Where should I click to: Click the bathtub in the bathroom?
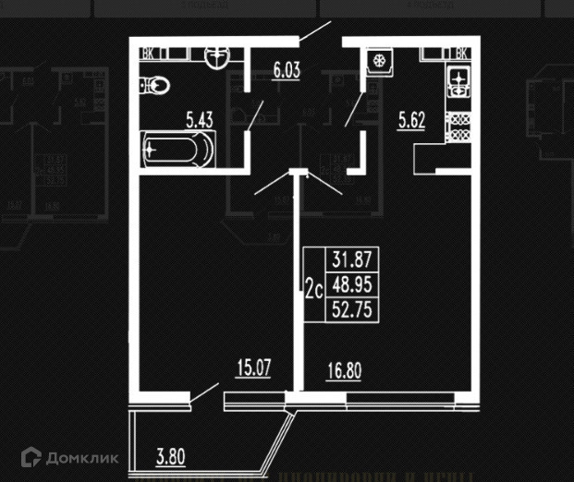pyautogui.click(x=177, y=149)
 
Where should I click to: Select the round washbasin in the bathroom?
pyautogui.click(x=214, y=57)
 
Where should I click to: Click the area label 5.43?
pyautogui.click(x=201, y=119)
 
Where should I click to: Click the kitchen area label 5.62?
pyautogui.click(x=411, y=119)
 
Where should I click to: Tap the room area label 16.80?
pyautogui.click(x=344, y=373)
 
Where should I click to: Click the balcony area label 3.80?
pyautogui.click(x=172, y=455)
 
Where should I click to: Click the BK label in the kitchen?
pyautogui.click(x=461, y=54)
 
